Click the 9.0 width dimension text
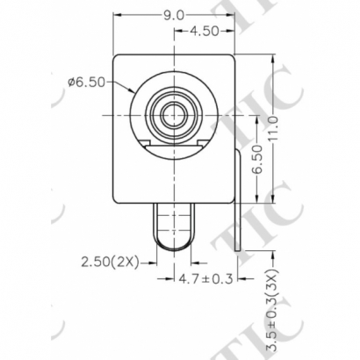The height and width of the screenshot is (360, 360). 174,14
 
